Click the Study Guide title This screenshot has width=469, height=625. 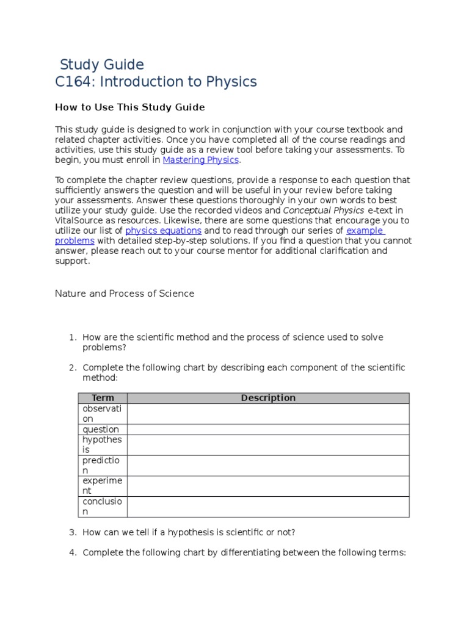pyautogui.click(x=102, y=65)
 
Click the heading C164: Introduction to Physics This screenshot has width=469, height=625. pyautogui.click(x=156, y=82)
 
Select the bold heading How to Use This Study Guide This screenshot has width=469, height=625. pyautogui.click(x=129, y=107)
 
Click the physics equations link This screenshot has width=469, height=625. pyautogui.click(x=163, y=231)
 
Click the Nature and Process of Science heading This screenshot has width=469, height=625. pyautogui.click(x=125, y=294)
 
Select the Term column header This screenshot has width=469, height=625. pyautogui.click(x=103, y=398)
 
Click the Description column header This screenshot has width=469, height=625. pyautogui.click(x=268, y=398)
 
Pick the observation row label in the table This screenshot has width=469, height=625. pyautogui.click(x=102, y=414)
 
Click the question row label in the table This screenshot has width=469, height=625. pyautogui.click(x=101, y=430)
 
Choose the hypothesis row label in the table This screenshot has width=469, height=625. pyautogui.click(x=102, y=445)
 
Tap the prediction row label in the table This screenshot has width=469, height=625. pyautogui.click(x=102, y=466)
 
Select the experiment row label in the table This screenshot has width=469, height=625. pyautogui.click(x=102, y=486)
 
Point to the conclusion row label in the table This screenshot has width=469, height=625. pyautogui.click(x=102, y=507)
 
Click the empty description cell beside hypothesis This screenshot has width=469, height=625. pyautogui.click(x=268, y=445)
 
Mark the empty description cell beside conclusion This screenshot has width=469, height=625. pyautogui.click(x=268, y=507)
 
